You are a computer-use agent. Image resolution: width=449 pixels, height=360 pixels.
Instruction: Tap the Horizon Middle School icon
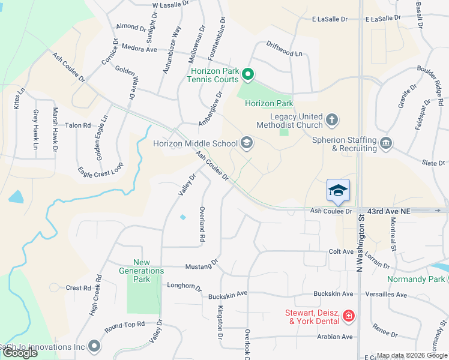[x=246, y=143]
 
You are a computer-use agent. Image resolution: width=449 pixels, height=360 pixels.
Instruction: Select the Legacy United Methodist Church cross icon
[x=332, y=121]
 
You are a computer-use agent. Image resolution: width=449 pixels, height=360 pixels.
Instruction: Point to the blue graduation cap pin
[x=338, y=190]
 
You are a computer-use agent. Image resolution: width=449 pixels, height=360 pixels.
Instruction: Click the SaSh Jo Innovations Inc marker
[x=94, y=346]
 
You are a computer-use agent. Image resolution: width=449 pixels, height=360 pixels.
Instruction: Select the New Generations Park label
[x=141, y=271]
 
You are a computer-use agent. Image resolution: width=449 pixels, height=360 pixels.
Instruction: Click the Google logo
[x=19, y=353]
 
